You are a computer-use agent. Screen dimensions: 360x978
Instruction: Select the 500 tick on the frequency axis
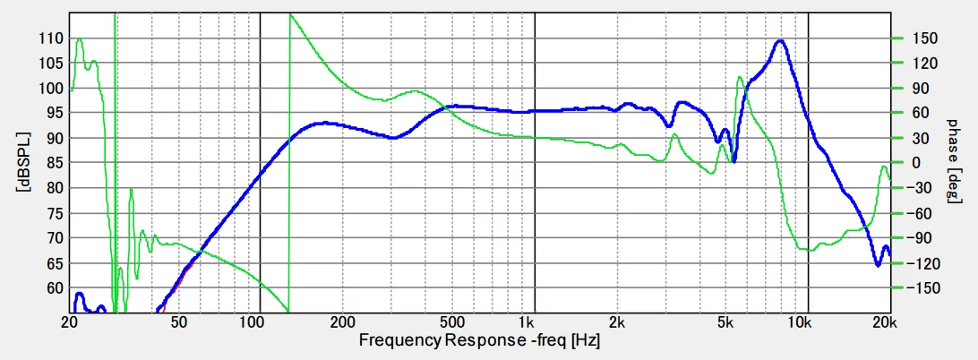click(451, 321)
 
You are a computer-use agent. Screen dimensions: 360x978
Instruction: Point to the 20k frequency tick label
click(884, 321)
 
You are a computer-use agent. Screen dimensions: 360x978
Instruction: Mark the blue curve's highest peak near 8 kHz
click(780, 40)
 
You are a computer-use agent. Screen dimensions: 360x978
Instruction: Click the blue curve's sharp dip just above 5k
click(734, 161)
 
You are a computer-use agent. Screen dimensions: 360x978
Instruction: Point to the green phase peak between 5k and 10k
click(740, 77)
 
